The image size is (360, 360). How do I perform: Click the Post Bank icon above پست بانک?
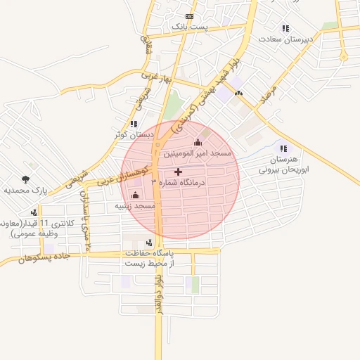[x=189, y=16]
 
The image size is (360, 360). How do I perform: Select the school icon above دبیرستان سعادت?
[x=285, y=29]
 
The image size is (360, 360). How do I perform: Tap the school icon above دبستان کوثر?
[x=134, y=124]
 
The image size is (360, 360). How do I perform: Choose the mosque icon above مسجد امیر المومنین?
[x=197, y=143]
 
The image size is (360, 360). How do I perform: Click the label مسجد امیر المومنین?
[x=198, y=153]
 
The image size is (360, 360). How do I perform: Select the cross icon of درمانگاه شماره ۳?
[x=178, y=172]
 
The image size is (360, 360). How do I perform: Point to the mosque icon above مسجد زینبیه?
[x=136, y=195]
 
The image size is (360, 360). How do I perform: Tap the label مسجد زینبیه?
[x=136, y=206]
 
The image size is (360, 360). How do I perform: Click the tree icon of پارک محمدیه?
[x=27, y=179]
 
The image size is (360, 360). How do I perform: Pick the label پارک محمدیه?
[x=25, y=190]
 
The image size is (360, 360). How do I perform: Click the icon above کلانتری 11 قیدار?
[x=34, y=212]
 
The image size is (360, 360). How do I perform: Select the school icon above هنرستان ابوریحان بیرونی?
[x=284, y=148]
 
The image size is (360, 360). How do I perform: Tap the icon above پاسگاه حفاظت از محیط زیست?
[x=148, y=243]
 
